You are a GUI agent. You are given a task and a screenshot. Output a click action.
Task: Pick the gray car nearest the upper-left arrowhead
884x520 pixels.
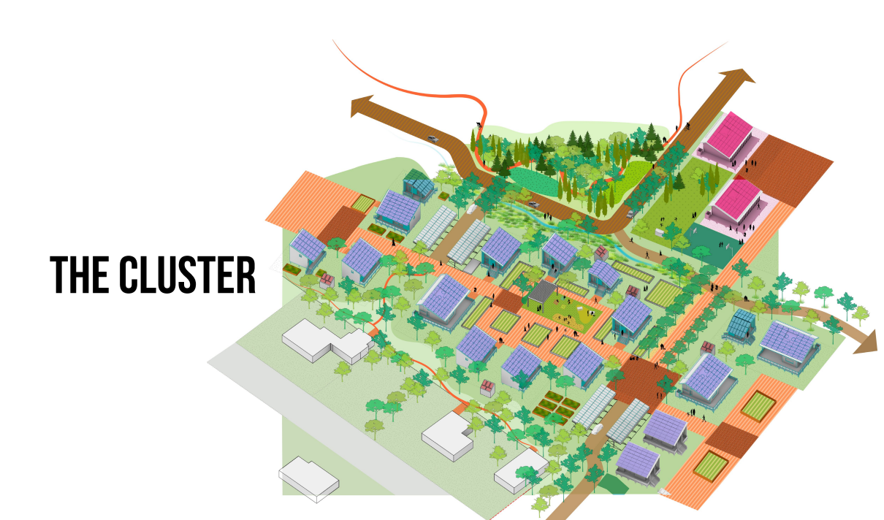click(x=433, y=137)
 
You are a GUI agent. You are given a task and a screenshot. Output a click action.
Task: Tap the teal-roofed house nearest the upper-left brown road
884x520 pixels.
click(x=419, y=186)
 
